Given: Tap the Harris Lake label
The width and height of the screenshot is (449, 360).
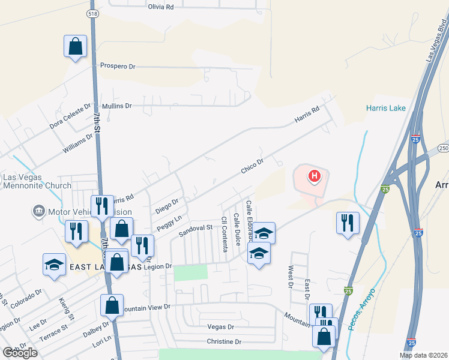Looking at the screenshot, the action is pos(386,109).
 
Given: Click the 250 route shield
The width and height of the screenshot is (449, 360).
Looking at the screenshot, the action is pos(443,148).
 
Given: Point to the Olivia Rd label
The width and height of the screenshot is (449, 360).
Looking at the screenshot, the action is pos(161,7).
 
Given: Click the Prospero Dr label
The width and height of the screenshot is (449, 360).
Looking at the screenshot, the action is pos(118,66).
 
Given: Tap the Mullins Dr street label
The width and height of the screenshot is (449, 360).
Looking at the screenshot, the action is pos(116,106).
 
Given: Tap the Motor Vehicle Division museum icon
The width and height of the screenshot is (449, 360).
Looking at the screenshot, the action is pos(38,212).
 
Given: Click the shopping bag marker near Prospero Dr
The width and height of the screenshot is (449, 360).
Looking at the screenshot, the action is pos(76,46).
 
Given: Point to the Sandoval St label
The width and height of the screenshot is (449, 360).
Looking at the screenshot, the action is pos(197,228).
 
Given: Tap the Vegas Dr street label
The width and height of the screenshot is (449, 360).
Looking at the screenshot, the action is pos(220,327).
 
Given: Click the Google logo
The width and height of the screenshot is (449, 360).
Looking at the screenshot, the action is pos(20,353).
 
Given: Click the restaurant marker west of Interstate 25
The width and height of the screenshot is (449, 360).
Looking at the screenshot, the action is pos(348,223).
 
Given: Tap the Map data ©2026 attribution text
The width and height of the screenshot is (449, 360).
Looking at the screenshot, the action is pos(423,355).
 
